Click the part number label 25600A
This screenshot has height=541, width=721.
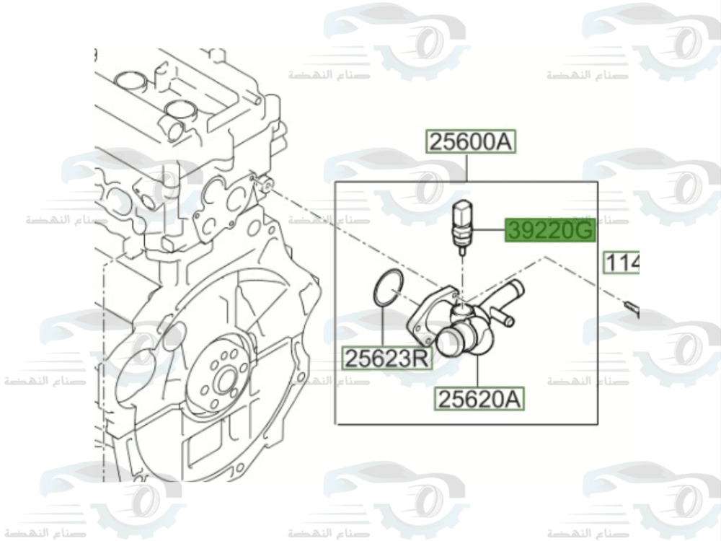[470, 142]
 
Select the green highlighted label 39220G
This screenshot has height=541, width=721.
[550, 231]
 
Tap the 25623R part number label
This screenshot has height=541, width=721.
[386, 358]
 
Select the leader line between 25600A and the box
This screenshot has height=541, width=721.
[469, 167]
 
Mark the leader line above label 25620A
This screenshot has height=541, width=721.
[477, 371]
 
